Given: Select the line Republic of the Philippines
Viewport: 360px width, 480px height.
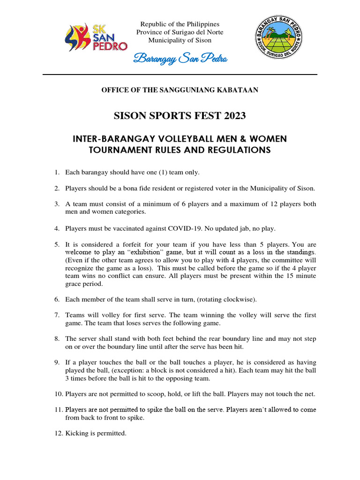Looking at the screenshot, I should (180, 24).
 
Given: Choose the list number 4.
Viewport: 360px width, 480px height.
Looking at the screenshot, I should (56, 229).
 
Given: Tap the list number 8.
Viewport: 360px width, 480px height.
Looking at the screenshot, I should (56, 338).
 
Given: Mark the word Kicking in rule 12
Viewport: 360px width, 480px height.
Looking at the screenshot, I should (76, 434).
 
